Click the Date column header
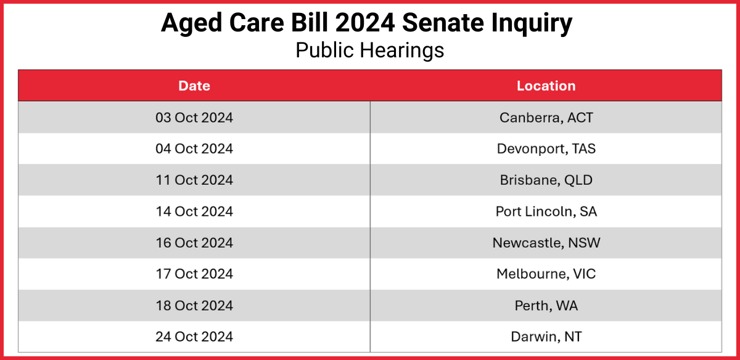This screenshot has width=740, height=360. click(194, 86)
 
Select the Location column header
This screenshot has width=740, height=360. click(546, 86)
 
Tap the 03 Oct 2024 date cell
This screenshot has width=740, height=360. click(194, 117)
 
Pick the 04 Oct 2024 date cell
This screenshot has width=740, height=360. click(194, 149)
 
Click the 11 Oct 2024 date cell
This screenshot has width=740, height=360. click(194, 180)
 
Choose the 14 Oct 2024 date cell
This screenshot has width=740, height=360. click(194, 211)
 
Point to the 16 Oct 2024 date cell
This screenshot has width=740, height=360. click(194, 243)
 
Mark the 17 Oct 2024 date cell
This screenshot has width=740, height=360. click(194, 274)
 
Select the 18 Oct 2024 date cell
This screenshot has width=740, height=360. click(194, 305)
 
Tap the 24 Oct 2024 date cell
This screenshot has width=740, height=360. click(194, 337)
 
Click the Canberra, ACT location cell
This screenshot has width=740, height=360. click(546, 117)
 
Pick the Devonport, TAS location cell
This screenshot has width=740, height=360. click(546, 149)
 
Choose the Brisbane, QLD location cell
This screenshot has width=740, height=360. click(546, 180)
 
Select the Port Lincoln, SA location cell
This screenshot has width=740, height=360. click(546, 211)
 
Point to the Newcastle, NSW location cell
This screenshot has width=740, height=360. click(546, 243)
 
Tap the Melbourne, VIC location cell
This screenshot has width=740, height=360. click(546, 274)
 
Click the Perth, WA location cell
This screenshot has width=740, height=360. click(546, 305)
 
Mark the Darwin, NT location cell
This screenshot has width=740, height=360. click(546, 337)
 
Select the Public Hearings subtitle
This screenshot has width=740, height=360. click(369, 50)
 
